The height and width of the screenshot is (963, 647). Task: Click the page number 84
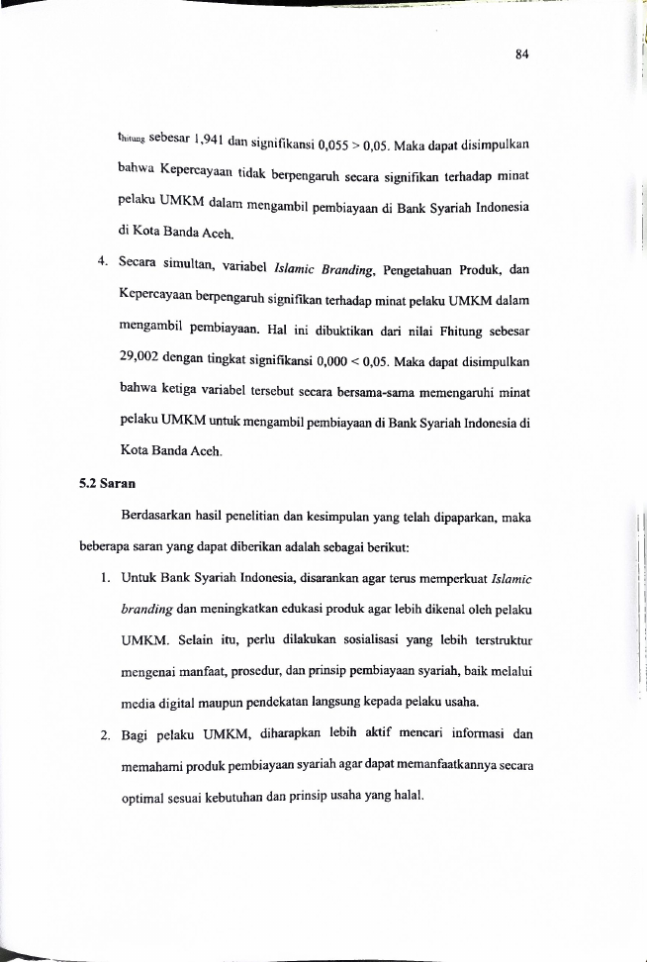click(523, 54)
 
